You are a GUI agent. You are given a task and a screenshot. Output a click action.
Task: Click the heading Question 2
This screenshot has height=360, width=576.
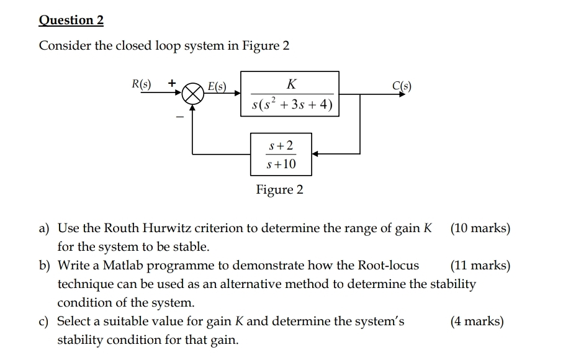(x=71, y=20)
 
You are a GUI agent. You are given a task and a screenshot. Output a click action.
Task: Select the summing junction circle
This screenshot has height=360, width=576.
(x=193, y=96)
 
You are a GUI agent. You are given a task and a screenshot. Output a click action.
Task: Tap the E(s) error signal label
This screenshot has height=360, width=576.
(x=217, y=86)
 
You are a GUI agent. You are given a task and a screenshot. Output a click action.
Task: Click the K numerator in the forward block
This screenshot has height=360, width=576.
(x=291, y=83)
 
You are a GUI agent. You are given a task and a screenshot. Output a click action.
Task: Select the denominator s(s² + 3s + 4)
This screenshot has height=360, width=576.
(x=291, y=105)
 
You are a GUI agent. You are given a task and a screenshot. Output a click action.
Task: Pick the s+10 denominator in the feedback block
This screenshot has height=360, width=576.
(x=281, y=164)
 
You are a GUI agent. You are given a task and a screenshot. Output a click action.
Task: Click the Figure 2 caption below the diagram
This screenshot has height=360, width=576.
(x=280, y=190)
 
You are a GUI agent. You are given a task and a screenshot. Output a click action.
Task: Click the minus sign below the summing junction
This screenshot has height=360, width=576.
(x=179, y=117)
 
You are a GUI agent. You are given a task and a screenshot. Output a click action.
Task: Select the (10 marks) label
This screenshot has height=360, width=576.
(x=480, y=228)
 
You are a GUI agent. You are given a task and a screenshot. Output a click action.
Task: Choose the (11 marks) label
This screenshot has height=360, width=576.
(x=480, y=266)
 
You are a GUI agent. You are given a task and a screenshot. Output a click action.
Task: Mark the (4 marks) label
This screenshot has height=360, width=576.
(x=477, y=322)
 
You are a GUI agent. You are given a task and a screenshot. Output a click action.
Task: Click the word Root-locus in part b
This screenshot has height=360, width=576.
(x=389, y=266)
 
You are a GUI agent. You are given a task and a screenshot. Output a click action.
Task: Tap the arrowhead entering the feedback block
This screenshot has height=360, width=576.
(x=315, y=153)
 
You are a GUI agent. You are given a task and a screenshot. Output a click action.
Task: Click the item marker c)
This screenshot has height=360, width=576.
(x=45, y=322)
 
